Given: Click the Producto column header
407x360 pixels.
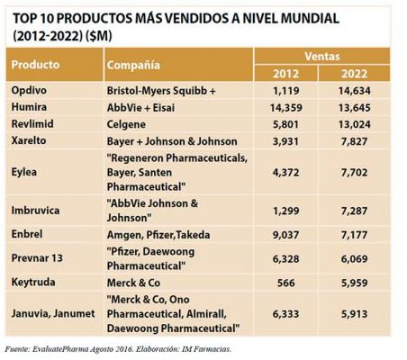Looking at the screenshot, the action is coord(35,65).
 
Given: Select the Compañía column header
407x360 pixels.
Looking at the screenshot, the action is coord(133,65).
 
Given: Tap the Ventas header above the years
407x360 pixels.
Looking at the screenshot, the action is coord(322,56).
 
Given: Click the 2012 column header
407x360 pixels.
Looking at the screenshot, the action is coord(285,74).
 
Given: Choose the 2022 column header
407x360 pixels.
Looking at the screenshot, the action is coord(354,74).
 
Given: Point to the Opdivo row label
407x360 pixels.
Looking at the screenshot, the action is coord(29,90).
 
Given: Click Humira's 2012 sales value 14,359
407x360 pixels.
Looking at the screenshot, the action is coord(286,108).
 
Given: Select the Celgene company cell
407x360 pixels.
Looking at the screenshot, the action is coord(126,125).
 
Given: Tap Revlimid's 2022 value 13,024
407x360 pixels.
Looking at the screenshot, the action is coord(355,124).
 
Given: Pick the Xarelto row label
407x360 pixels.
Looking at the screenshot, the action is coord(29,140).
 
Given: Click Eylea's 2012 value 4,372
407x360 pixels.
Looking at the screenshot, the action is coord(285,173).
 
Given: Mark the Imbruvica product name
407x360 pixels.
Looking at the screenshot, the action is coord(35,211).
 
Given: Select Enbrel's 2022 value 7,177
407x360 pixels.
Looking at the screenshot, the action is coord(354,235).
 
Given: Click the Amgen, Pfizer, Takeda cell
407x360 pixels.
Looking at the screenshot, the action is coord(158,235).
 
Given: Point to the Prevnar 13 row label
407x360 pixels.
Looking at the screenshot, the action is coord(37,258).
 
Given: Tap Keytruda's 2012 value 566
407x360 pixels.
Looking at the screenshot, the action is coord(286,283).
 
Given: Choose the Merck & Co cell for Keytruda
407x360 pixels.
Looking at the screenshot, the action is coord(133,283).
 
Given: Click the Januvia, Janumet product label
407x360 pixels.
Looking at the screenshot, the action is coord(53,314).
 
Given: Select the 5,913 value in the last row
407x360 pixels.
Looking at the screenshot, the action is coord(354,314).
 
